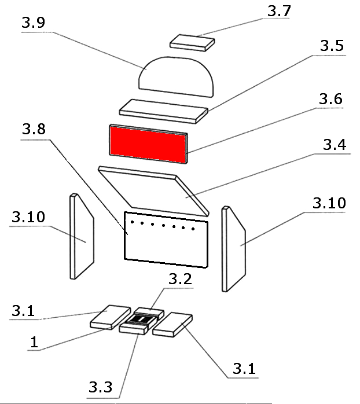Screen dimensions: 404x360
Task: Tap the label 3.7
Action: coord(280,10)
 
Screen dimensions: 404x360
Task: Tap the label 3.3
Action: coord(102,385)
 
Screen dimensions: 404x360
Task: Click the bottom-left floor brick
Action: coord(111,317)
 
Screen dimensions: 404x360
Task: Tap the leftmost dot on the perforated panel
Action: coord(133,221)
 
